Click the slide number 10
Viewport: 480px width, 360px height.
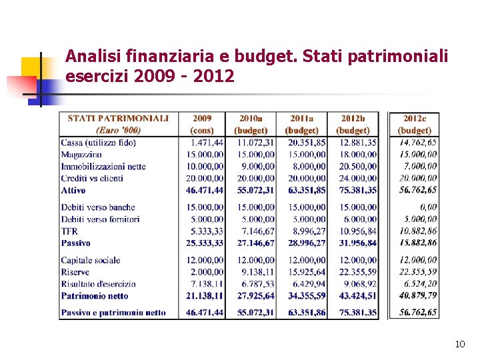pos(459,344)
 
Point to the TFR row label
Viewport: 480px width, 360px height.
pos(70,231)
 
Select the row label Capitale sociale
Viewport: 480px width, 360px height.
pos(91,260)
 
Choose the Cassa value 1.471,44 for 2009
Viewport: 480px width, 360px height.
pos(207,143)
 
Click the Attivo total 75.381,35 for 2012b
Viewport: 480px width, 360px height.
pos(357,191)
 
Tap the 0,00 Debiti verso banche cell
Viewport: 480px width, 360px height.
pos(429,207)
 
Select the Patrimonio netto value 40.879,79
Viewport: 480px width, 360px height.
pos(419,295)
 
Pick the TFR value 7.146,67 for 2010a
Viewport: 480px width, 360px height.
pos(257,231)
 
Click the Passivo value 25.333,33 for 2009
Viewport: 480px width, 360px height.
pos(205,243)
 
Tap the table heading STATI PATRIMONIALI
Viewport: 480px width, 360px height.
pos(118,119)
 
